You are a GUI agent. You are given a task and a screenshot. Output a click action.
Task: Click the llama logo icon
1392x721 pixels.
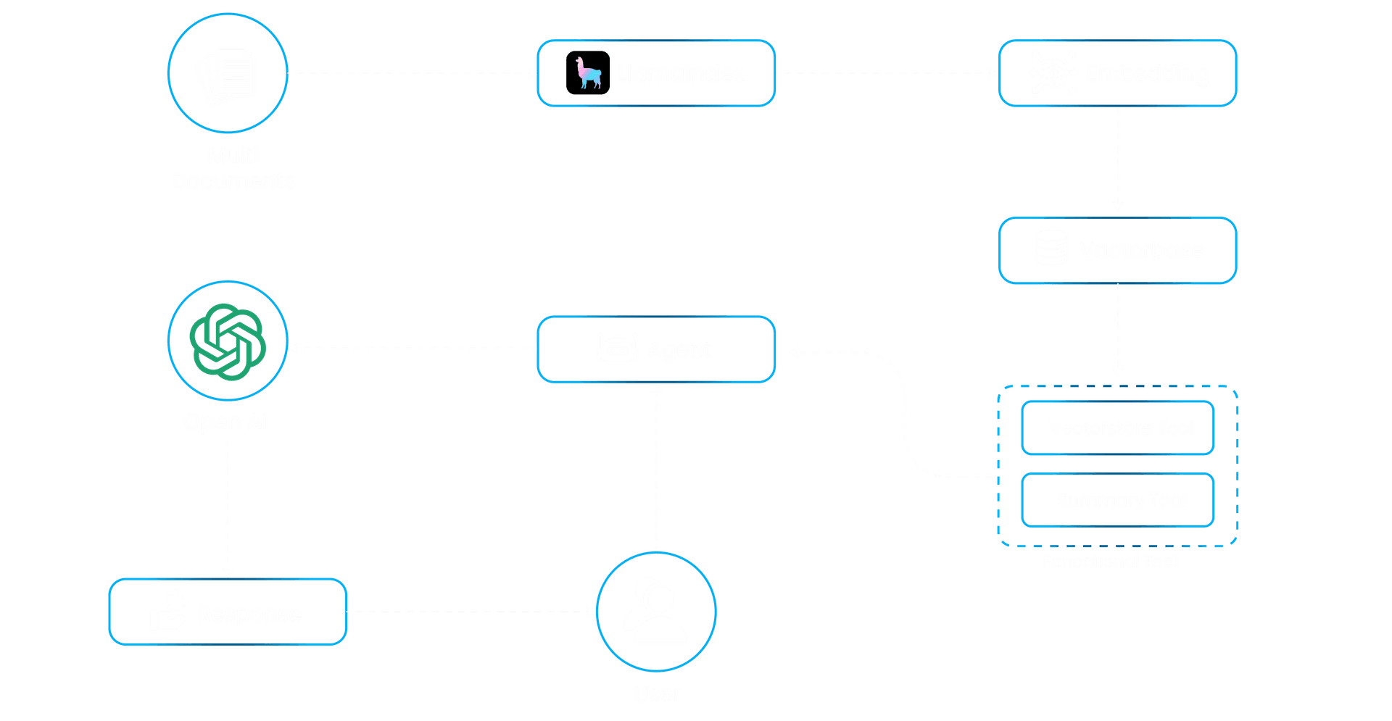pyautogui.click(x=587, y=73)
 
